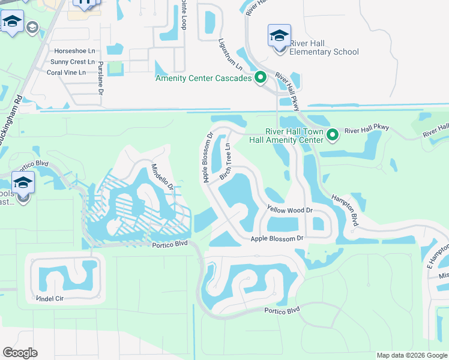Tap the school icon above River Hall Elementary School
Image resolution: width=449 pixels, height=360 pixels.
pyautogui.click(x=279, y=35)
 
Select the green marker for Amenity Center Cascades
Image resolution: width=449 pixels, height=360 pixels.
pyautogui.click(x=261, y=77)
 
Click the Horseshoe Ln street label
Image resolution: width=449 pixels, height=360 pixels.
pyautogui.click(x=74, y=51)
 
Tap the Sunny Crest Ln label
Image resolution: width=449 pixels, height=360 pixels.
pyautogui.click(x=73, y=62)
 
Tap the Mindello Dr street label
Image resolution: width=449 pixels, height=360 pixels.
pyautogui.click(x=162, y=177)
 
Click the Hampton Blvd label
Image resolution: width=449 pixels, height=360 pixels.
pyautogui.click(x=345, y=211)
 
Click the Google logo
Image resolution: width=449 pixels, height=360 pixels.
pyautogui.click(x=20, y=353)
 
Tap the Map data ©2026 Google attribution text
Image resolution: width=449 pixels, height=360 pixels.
pyautogui.click(x=411, y=355)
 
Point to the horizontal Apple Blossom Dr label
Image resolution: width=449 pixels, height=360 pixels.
pyautogui.click(x=278, y=239)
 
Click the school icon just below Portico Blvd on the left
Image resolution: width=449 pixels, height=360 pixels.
pyautogui.click(x=23, y=183)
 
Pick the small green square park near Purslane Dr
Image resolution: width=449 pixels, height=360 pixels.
pyautogui.click(x=116, y=68)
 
